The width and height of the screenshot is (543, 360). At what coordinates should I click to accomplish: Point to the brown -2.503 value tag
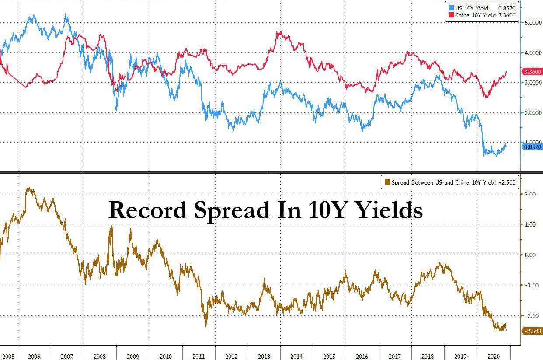coord(533,331)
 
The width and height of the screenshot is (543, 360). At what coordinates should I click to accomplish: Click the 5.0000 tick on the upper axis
coord(533,23)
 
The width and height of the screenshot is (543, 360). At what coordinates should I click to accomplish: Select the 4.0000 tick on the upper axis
coord(533,53)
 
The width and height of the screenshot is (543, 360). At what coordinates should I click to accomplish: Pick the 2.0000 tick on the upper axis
coord(533,113)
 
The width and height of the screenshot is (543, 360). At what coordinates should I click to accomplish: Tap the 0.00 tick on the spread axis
coord(530,255)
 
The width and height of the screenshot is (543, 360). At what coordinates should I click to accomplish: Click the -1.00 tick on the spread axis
coord(530,285)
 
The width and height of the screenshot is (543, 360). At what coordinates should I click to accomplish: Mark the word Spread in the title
coord(232,210)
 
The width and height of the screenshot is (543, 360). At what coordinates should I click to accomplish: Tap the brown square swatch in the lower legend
coord(386,182)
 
